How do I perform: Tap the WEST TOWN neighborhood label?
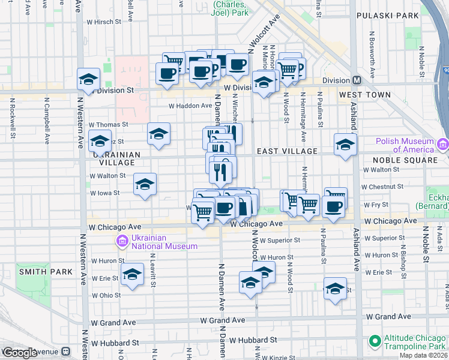click(x=364, y=95)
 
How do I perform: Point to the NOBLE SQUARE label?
click(x=405, y=160)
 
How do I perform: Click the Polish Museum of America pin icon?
click(x=443, y=145)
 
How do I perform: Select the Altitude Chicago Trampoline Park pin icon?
click(x=375, y=341)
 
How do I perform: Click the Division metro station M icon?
click(x=357, y=80)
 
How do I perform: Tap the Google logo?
click(x=20, y=353)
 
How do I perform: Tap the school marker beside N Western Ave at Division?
click(x=88, y=79)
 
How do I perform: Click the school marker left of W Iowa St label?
click(x=145, y=184)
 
